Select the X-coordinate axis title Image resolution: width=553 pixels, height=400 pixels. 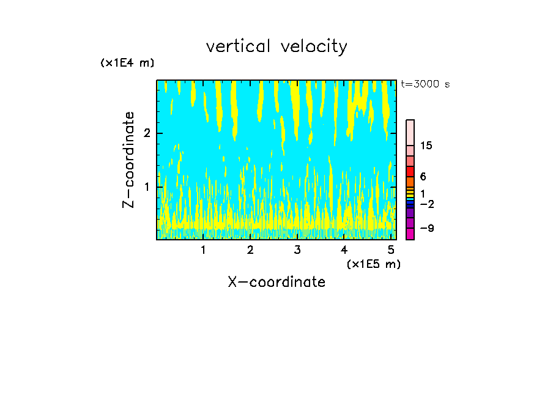click(276, 282)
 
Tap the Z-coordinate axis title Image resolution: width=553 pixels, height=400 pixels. click(128, 160)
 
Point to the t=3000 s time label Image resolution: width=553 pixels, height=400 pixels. click(425, 84)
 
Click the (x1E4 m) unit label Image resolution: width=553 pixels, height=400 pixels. click(127, 63)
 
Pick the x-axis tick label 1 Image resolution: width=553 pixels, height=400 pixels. click(203, 250)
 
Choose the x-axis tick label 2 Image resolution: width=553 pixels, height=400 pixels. click(250, 250)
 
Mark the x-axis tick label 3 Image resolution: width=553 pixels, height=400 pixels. click(297, 250)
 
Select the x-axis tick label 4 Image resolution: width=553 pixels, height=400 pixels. click(344, 250)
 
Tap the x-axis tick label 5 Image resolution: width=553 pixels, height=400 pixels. click(390, 250)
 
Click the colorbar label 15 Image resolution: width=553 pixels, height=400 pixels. click(426, 146)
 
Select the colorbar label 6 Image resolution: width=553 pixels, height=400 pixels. click(423, 176)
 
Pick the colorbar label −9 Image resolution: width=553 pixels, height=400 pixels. click(426, 228)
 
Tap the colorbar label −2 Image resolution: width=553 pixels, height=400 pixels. click(426, 204)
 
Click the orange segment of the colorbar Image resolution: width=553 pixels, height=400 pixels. click(410, 182)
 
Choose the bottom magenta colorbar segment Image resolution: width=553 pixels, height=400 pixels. click(410, 234)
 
